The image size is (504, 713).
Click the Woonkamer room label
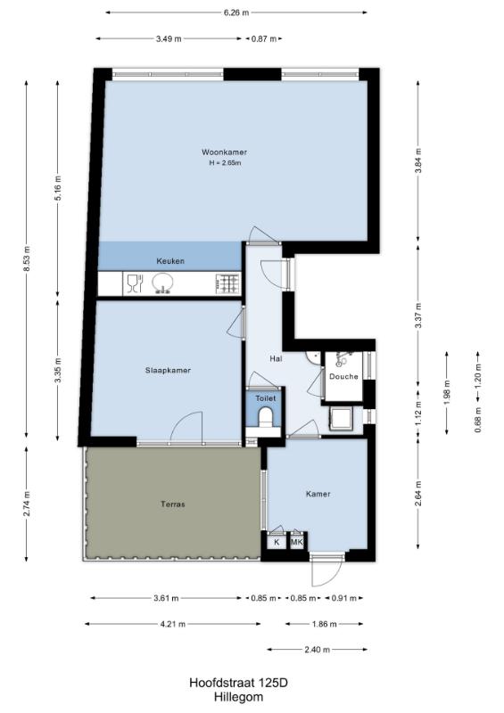point(224,152)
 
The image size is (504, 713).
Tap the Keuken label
point(170,261)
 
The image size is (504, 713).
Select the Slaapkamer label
point(168,371)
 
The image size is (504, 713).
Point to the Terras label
point(173,504)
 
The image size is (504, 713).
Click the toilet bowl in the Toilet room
point(265,416)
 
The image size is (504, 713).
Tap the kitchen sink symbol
point(161,283)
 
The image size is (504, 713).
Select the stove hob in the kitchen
point(227,284)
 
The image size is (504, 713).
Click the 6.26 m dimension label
point(236,12)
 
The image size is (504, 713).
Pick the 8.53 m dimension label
point(27,258)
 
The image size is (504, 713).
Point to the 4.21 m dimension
point(173,625)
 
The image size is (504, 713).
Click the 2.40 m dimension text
point(318,650)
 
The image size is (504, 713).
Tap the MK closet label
point(297,542)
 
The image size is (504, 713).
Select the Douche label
point(343,376)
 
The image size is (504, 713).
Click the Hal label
point(276,359)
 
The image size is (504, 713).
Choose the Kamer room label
point(318,494)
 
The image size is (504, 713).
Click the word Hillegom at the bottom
point(238,697)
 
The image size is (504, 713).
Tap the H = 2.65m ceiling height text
point(225,163)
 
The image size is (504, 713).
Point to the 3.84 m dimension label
point(418,161)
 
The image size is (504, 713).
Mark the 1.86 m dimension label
point(324,625)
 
